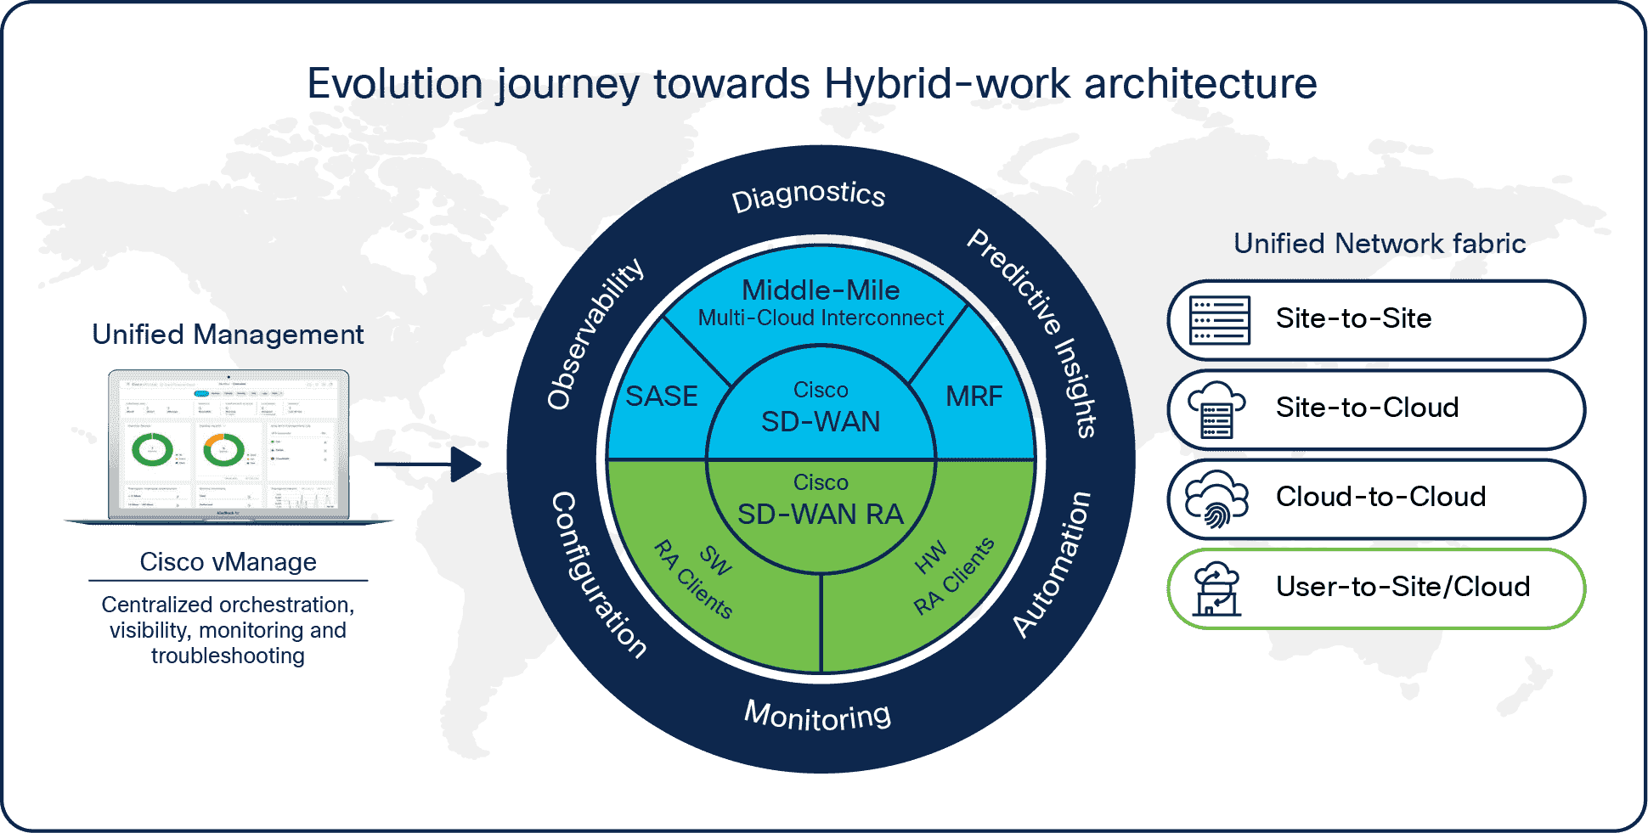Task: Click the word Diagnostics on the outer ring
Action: (x=808, y=195)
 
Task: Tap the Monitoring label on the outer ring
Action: (x=817, y=716)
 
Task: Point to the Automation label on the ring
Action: (x=1053, y=565)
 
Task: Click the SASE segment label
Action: (x=661, y=397)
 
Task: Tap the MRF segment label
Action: (x=974, y=397)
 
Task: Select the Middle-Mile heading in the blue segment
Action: (x=821, y=290)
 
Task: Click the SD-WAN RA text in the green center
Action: (x=821, y=514)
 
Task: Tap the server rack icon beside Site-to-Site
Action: (x=1220, y=320)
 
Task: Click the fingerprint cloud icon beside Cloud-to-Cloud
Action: (x=1216, y=499)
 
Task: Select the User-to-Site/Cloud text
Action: (x=1402, y=587)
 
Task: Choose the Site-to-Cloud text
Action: (x=1367, y=408)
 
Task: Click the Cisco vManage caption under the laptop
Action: (x=228, y=562)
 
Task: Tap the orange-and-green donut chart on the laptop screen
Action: (x=224, y=449)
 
